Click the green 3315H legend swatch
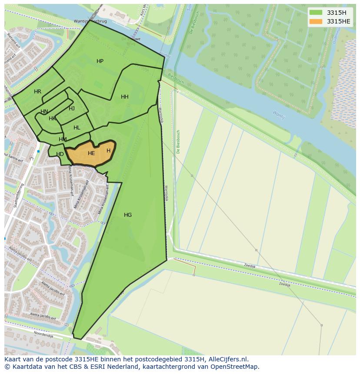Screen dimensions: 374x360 pyautogui.click(x=316, y=13)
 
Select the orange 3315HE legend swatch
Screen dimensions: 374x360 pyautogui.click(x=316, y=21)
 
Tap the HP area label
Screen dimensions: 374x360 pyautogui.click(x=100, y=61)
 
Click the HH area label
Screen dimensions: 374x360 pyautogui.click(x=125, y=97)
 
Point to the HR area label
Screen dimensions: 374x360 pyautogui.click(x=37, y=92)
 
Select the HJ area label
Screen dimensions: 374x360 pyautogui.click(x=72, y=109)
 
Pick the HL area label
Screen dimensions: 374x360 pyautogui.click(x=77, y=128)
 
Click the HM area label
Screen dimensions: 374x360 pyautogui.click(x=63, y=139)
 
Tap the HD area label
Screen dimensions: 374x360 pyautogui.click(x=60, y=154)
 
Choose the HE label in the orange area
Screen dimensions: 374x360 pyautogui.click(x=91, y=153)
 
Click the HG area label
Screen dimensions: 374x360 pyautogui.click(x=128, y=215)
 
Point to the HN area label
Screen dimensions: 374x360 pyautogui.click(x=44, y=112)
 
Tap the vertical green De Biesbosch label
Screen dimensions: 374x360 pyautogui.click(x=178, y=142)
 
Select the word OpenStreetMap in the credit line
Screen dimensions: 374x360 pyautogui.click(x=236, y=367)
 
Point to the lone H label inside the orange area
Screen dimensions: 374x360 pyautogui.click(x=108, y=151)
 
